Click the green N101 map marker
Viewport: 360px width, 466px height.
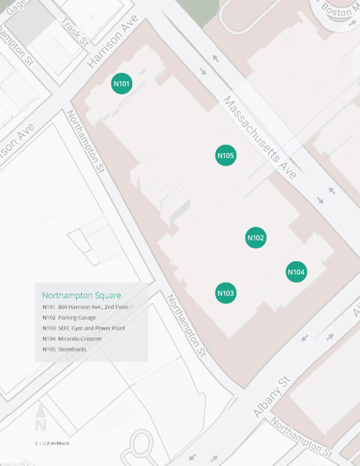(122, 84)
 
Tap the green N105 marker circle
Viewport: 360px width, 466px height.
(225, 155)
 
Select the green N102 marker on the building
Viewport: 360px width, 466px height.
(256, 238)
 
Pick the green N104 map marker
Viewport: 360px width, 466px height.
(296, 272)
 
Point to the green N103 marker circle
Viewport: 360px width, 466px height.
(225, 293)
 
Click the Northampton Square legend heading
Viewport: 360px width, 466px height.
(82, 295)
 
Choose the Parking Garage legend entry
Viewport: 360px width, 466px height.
(69, 318)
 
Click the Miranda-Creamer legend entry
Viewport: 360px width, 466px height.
(72, 338)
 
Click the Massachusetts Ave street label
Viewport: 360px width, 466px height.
(260, 137)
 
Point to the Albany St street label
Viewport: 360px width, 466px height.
(272, 396)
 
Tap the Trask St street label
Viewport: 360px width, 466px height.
(75, 32)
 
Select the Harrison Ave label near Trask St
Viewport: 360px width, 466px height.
(113, 41)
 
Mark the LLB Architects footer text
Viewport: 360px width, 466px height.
(56, 443)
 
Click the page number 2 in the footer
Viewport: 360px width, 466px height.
(36, 443)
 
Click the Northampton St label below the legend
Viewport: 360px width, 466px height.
(187, 326)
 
